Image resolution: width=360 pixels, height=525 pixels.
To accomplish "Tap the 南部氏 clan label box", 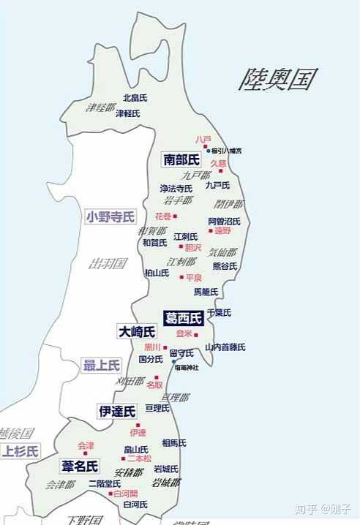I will (181, 159).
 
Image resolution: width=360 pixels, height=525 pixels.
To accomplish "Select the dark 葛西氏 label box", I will (184, 318).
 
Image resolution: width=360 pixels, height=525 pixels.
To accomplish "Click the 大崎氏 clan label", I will (137, 332).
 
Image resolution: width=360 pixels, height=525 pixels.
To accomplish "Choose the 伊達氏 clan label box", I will (117, 412).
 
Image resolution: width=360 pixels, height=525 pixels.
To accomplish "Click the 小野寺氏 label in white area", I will (110, 216).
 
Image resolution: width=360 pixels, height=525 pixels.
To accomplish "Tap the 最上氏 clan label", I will (101, 365).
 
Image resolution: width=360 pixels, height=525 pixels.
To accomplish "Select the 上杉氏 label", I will (20, 451).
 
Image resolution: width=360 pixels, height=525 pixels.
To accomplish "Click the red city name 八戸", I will (203, 139).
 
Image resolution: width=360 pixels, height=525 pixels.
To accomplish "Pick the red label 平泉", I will (194, 278).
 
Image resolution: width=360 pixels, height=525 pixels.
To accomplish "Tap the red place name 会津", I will (86, 445).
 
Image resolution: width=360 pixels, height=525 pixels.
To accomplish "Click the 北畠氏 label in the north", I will (135, 97).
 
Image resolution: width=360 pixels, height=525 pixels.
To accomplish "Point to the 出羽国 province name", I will (108, 263).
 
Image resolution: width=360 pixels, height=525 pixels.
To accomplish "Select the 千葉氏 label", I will (220, 312).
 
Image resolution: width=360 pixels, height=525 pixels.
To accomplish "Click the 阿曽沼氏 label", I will (224, 221).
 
